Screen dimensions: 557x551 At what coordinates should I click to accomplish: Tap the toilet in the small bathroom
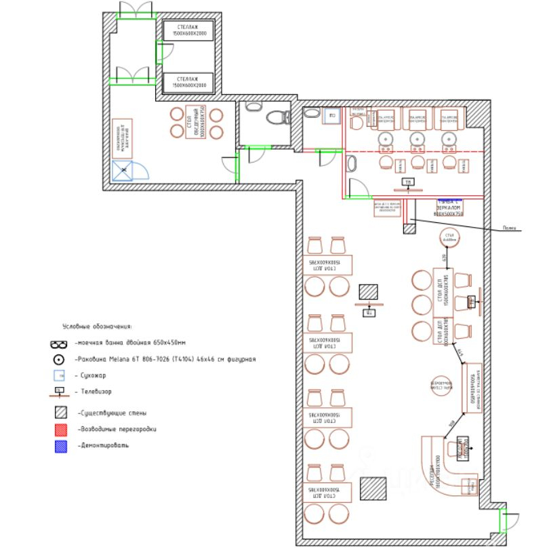(277, 117)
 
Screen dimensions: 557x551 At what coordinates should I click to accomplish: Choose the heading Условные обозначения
(97, 327)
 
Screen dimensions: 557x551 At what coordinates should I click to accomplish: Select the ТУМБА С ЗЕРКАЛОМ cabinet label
(449, 208)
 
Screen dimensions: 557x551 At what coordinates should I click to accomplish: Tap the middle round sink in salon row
(416, 141)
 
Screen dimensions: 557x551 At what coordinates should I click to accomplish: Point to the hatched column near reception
(373, 489)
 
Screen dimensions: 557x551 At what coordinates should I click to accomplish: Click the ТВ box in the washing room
(407, 182)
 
